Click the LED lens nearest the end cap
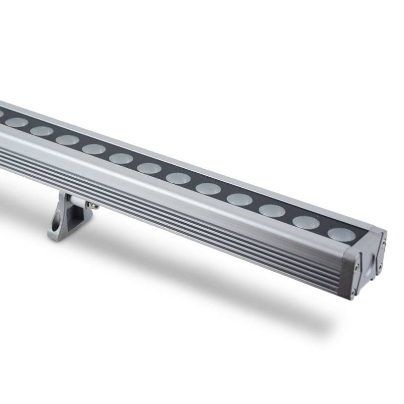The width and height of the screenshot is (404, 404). click(341, 234)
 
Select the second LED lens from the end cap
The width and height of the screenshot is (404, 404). click(306, 222)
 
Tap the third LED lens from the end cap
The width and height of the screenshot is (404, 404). click(272, 210)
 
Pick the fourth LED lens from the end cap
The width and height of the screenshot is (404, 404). click(239, 199)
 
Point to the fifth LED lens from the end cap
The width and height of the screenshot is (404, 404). click(208, 188)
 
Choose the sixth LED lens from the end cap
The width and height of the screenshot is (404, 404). click(178, 178)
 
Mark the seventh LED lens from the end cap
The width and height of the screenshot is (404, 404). click(149, 168)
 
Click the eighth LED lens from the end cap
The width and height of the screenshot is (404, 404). click(121, 158)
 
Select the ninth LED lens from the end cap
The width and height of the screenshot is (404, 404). click(93, 149)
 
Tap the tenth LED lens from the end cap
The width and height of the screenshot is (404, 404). click(67, 140)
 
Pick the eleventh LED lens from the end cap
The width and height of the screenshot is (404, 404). click(41, 131)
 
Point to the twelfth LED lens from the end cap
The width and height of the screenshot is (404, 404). click(17, 122)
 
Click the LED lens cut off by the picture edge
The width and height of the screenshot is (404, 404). click(1, 114)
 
